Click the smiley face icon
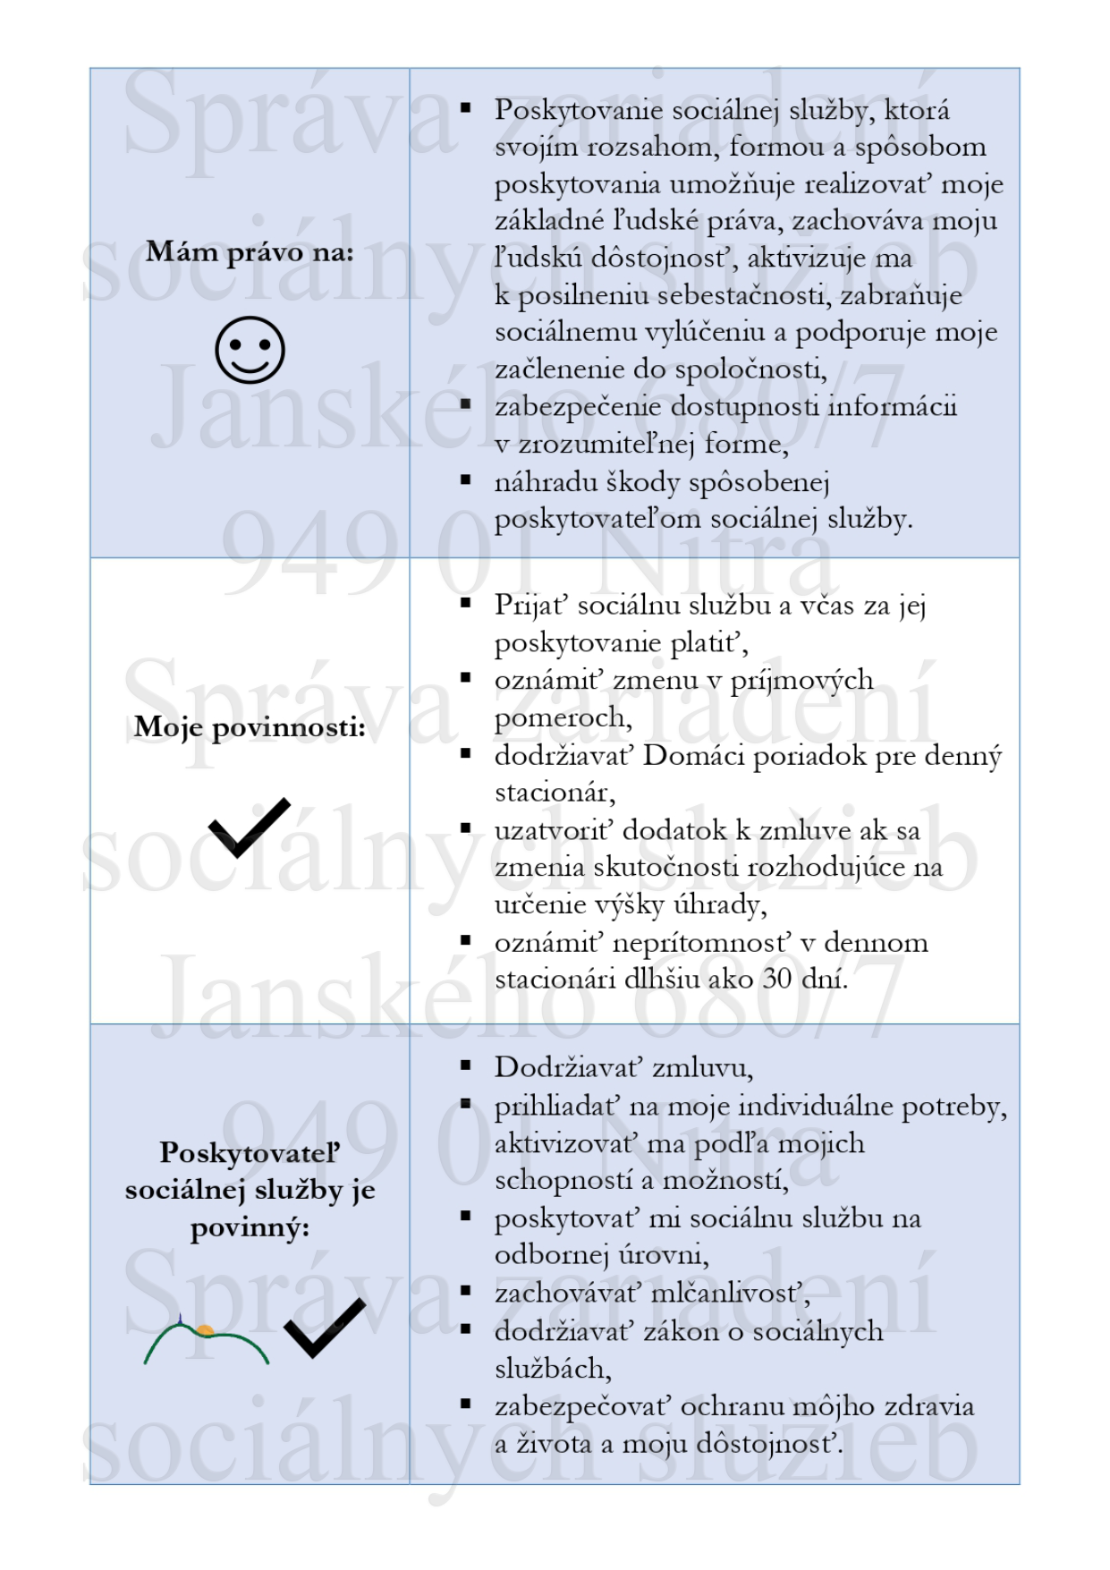[x=250, y=350]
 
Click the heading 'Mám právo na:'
[x=250, y=252]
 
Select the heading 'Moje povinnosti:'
[x=250, y=727]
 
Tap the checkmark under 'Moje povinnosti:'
[x=250, y=827]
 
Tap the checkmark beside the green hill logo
[x=324, y=1328]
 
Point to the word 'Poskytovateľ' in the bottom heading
[x=250, y=1152]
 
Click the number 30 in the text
[x=776, y=979]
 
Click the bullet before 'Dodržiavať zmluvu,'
[x=465, y=1065]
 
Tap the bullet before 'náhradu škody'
[x=465, y=480]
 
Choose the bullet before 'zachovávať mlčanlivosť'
[x=465, y=1291]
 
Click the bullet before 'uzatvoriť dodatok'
[x=465, y=828]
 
